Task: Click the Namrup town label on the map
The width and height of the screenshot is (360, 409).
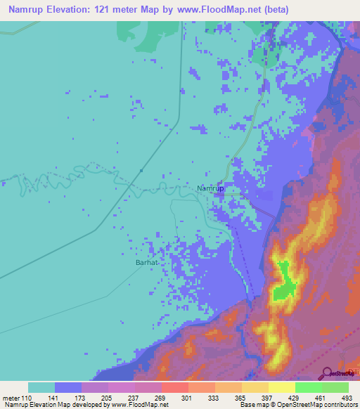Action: (x=210, y=189)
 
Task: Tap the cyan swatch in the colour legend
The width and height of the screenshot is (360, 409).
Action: (x=41, y=387)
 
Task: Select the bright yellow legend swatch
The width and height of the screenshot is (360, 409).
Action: (x=282, y=387)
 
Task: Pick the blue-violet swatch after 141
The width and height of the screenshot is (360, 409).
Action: (x=68, y=387)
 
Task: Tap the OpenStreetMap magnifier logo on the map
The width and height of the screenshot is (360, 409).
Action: (x=328, y=372)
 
